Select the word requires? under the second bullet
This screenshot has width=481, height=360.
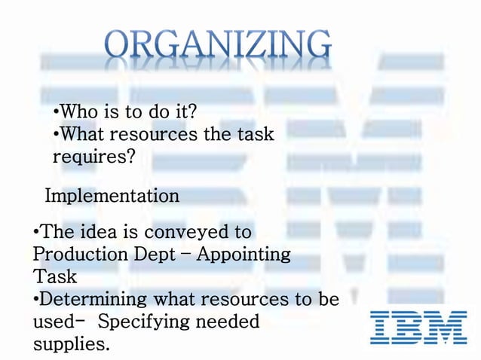pos(94,157)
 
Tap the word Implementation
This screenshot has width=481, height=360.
pos(112,197)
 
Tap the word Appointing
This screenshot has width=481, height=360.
pos(244,254)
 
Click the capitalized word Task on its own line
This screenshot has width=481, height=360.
pos(54,276)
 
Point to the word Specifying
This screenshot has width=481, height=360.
pos(142,322)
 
